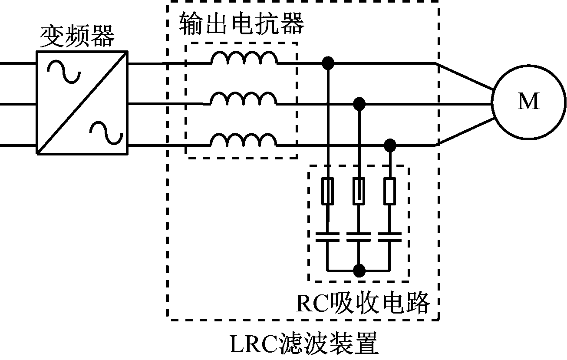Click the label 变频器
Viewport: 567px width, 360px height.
(x=78, y=36)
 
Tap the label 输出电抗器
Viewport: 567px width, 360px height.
(x=241, y=24)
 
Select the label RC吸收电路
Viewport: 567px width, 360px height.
(x=363, y=303)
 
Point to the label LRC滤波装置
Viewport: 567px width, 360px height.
(x=303, y=345)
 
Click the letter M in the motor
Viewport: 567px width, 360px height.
(x=528, y=102)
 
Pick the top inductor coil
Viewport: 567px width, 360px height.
(x=244, y=58)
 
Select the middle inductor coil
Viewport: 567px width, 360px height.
(x=243, y=99)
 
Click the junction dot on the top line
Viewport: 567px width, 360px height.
(x=328, y=63)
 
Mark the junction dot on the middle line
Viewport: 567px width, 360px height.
(x=359, y=104)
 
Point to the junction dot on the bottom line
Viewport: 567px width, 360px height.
(x=390, y=145)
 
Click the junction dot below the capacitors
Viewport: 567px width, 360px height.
(x=359, y=270)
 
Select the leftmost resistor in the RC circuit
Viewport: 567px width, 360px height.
(x=328, y=191)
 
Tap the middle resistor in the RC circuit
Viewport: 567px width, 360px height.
(x=359, y=191)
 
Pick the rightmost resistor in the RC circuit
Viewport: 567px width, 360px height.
(x=390, y=191)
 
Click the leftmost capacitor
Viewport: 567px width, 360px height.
(x=328, y=237)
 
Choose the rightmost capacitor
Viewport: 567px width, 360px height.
(x=390, y=237)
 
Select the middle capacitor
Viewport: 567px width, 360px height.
(x=359, y=237)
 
